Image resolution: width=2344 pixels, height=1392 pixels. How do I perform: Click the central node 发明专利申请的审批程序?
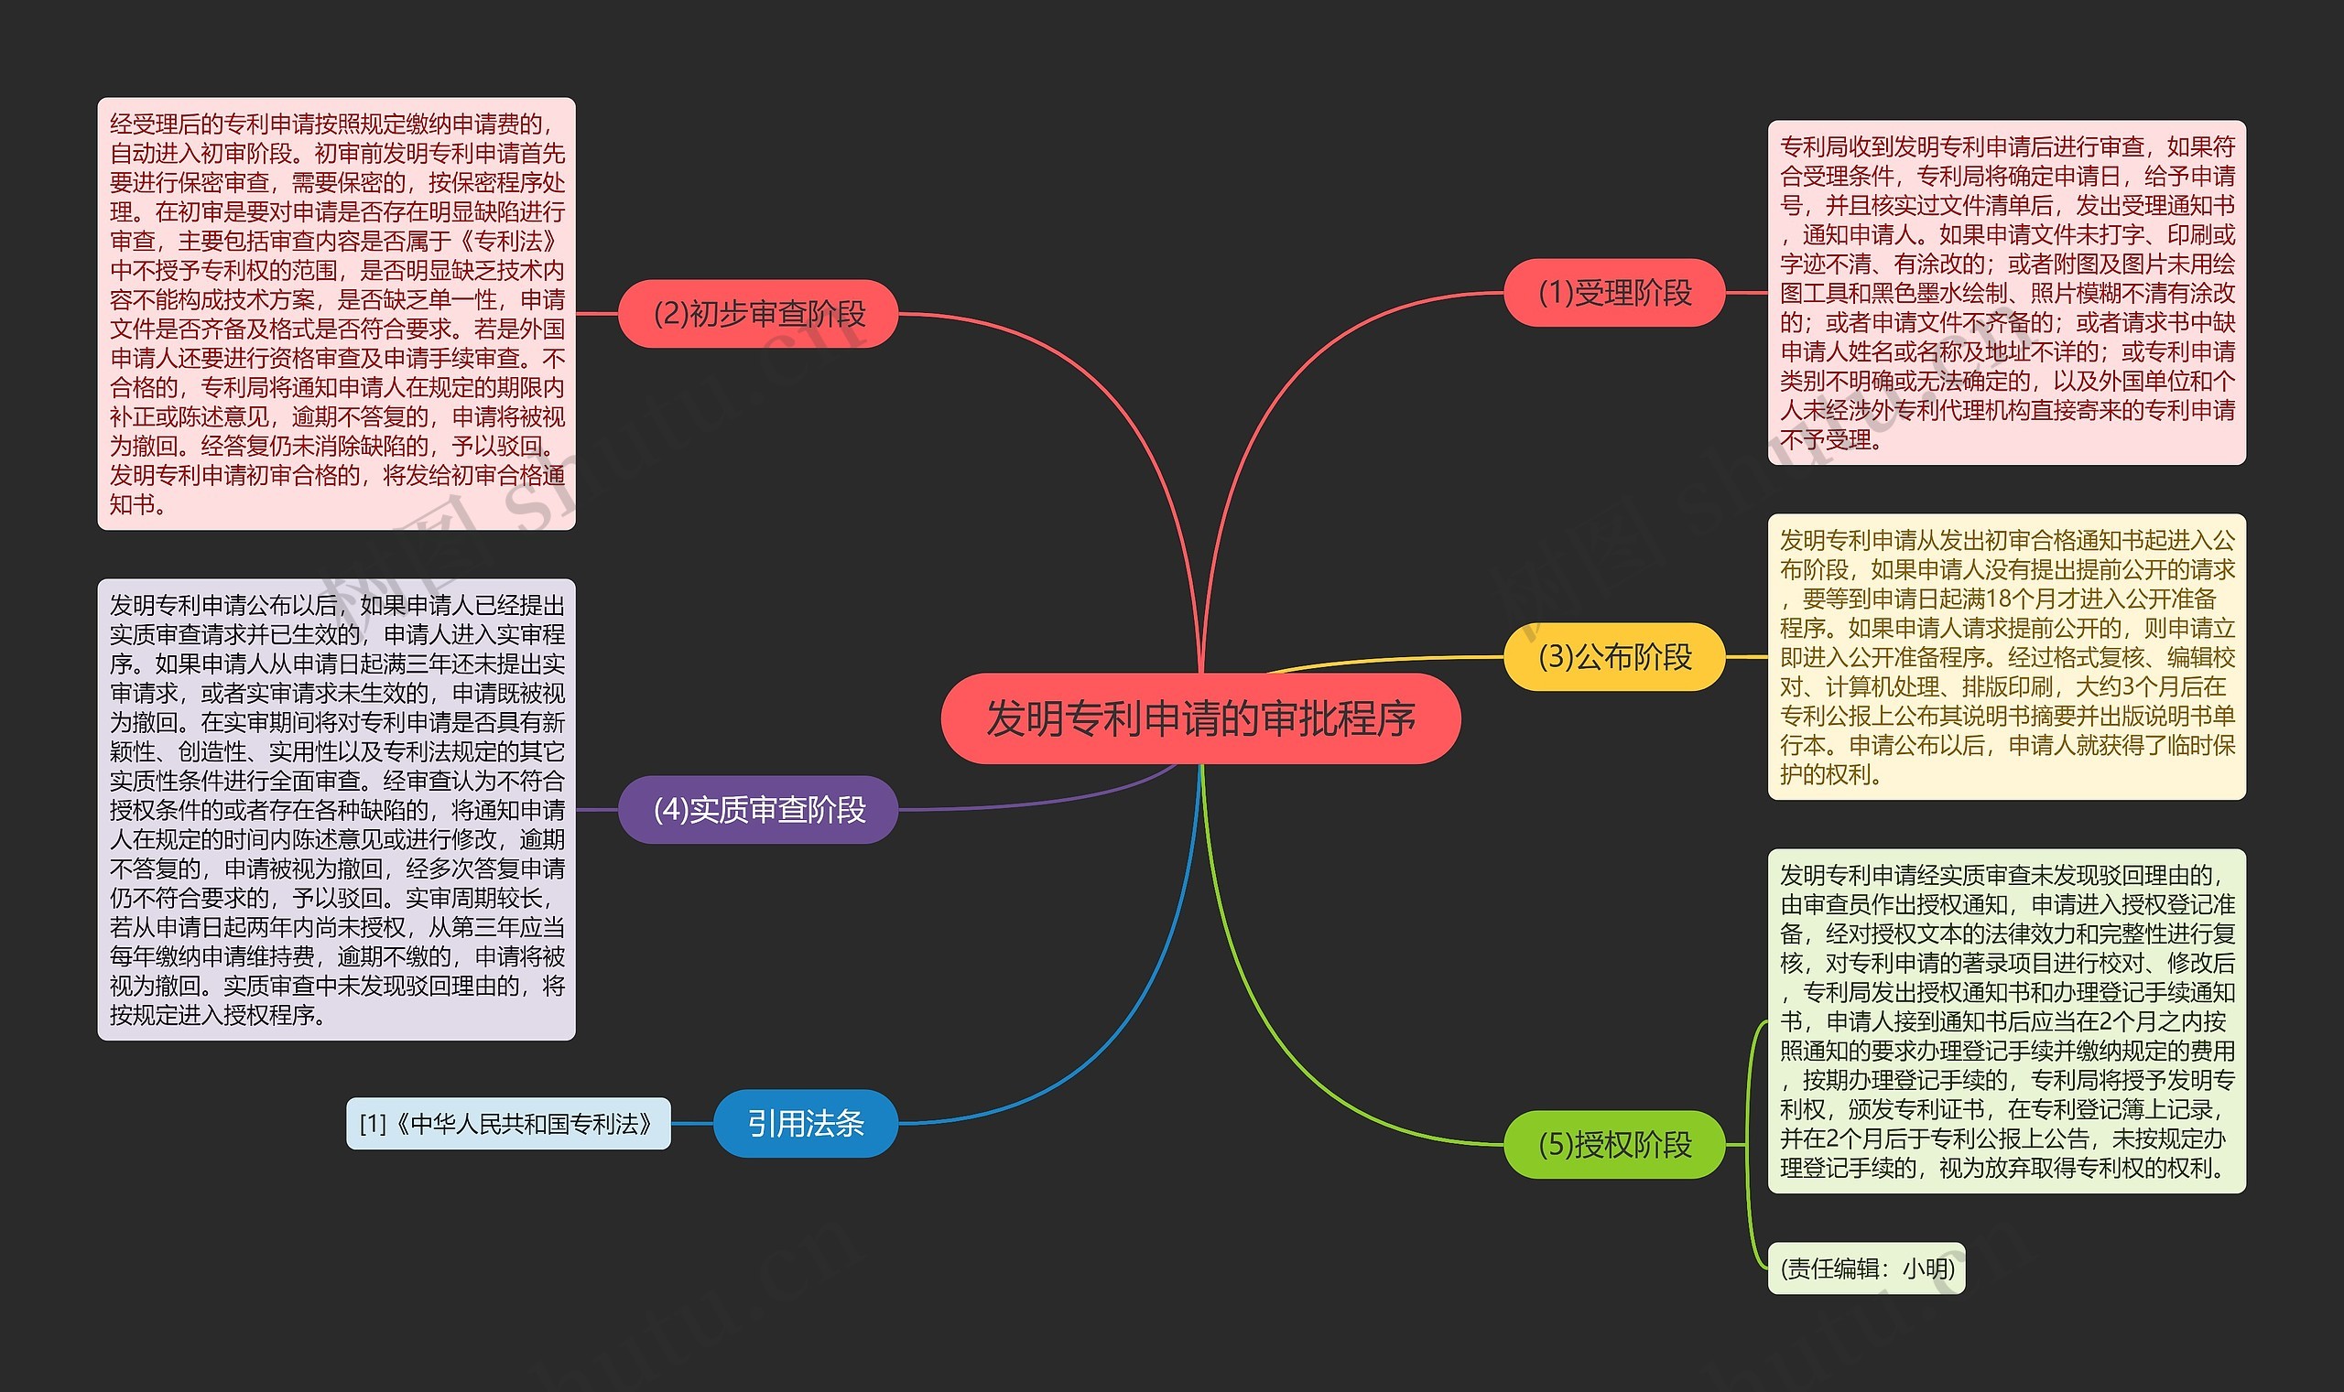point(1200,718)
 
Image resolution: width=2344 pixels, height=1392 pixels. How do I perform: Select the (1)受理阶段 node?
point(1614,293)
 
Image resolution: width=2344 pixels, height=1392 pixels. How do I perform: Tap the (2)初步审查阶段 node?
point(758,313)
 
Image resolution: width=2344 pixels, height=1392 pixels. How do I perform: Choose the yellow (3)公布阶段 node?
point(1614,656)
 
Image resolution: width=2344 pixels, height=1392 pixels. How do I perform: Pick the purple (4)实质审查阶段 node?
point(758,810)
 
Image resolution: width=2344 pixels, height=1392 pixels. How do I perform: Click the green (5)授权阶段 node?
point(1614,1144)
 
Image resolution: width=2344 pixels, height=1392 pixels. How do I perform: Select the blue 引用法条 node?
point(805,1123)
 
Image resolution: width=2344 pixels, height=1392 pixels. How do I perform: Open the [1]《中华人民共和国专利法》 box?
point(507,1123)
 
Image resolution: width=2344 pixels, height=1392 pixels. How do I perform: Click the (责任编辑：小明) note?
point(1865,1268)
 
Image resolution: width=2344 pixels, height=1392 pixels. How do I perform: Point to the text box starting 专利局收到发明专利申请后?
point(2006,293)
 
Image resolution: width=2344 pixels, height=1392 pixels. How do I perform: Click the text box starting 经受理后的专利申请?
point(336,313)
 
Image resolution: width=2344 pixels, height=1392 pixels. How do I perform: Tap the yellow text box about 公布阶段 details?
point(2006,656)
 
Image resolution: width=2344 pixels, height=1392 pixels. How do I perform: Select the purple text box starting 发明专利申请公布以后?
point(336,810)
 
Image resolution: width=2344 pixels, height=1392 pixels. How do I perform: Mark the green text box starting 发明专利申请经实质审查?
point(2006,1020)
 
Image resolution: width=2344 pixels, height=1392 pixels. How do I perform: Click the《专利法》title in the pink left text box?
point(512,241)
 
